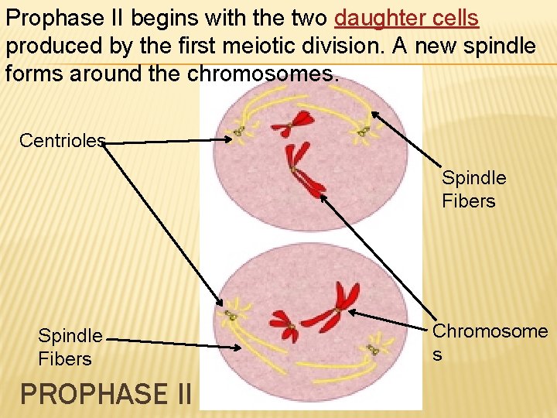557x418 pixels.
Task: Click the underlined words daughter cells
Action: click(408, 18)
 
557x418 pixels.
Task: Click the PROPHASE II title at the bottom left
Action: click(105, 394)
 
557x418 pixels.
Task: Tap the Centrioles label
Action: click(62, 140)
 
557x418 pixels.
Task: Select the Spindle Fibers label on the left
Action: click(70, 348)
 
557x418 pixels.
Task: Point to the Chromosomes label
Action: click(490, 342)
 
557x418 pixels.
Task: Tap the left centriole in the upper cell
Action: click(240, 132)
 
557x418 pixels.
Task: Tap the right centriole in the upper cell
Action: click(362, 132)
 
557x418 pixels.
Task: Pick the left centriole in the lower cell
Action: click(231, 316)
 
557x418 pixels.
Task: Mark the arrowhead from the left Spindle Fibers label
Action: click(237, 347)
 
